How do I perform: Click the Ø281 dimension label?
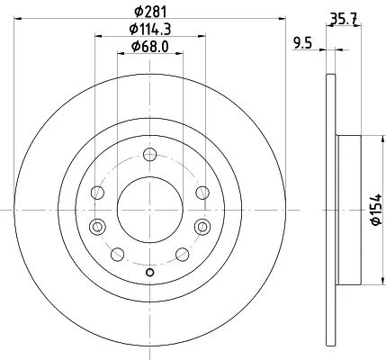click(x=150, y=12)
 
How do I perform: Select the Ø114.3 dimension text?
click(x=150, y=30)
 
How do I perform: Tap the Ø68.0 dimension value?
click(x=150, y=47)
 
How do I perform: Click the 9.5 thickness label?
click(x=302, y=44)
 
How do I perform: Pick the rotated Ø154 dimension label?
click(x=376, y=210)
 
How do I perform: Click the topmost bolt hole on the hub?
click(x=149, y=155)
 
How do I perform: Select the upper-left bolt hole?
click(x=97, y=193)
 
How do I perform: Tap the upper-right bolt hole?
click(x=202, y=193)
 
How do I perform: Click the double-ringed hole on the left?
click(x=97, y=227)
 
